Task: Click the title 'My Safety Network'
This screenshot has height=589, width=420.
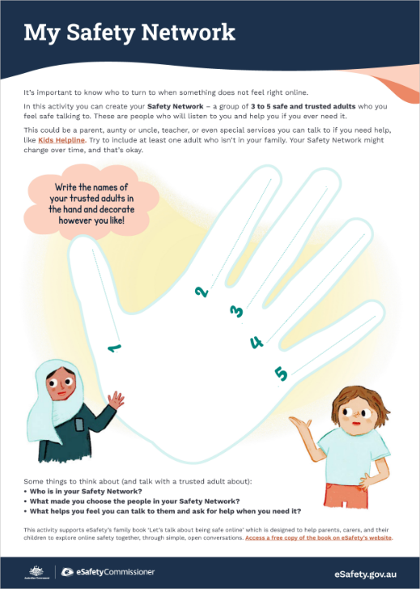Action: point(129,32)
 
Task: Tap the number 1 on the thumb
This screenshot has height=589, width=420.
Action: point(114,348)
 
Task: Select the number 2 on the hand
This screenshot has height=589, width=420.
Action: point(202,292)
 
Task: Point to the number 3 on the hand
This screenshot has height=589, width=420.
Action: point(236,311)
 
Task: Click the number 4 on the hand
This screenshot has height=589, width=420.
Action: point(257,342)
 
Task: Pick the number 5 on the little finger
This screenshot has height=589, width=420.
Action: point(281,373)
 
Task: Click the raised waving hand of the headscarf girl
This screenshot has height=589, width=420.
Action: point(118,400)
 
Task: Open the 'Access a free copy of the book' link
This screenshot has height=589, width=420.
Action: point(318,537)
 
